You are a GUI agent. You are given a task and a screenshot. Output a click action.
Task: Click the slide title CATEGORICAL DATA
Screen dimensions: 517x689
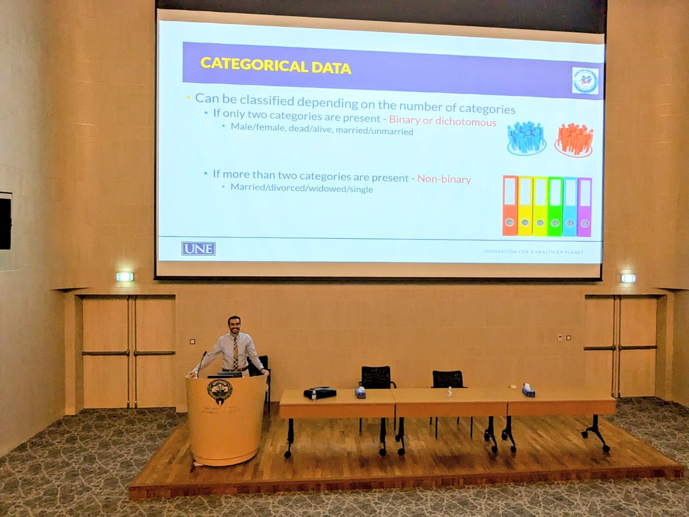click(276, 65)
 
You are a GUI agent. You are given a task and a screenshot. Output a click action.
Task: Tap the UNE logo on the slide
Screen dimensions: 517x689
click(198, 249)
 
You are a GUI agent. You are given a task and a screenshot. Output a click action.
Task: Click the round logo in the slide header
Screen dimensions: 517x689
click(585, 80)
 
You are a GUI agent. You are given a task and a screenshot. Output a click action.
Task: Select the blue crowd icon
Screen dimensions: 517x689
click(526, 138)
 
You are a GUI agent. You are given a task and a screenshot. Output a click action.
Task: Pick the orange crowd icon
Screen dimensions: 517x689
click(574, 140)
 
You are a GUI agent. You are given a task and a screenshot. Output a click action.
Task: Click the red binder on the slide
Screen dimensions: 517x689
click(510, 206)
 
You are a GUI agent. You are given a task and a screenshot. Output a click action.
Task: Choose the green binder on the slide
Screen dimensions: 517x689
click(555, 206)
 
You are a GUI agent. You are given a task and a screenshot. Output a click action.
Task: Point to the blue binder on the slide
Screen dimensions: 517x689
click(570, 206)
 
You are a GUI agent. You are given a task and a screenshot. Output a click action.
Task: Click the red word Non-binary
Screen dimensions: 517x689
click(444, 179)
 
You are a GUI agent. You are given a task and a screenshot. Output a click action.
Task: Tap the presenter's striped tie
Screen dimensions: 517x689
click(235, 353)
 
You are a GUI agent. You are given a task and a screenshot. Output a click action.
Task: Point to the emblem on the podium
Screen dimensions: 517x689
click(219, 391)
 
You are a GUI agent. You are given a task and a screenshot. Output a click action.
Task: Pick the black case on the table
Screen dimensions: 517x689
click(319, 393)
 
